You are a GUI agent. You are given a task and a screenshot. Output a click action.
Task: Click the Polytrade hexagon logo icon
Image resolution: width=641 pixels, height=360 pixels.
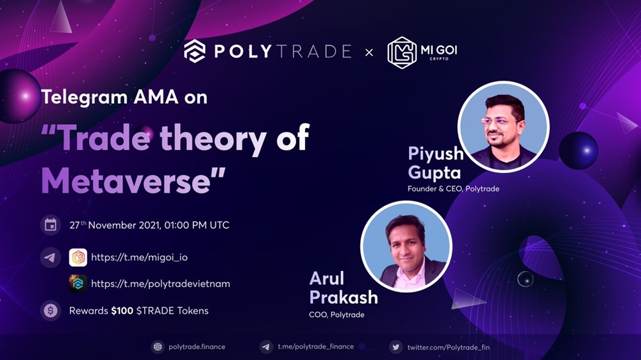tap(195, 51)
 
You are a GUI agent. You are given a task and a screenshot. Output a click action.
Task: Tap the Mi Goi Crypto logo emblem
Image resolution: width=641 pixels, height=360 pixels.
tap(402, 53)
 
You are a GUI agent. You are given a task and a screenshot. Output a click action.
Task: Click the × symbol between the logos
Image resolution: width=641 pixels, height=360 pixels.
tap(369, 53)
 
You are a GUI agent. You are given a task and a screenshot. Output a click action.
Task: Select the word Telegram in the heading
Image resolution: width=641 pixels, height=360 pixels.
tap(84, 97)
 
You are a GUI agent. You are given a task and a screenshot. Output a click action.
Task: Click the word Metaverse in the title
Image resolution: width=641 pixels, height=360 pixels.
tap(126, 181)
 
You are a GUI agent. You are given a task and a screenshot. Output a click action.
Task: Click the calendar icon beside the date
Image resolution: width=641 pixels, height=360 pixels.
tap(51, 225)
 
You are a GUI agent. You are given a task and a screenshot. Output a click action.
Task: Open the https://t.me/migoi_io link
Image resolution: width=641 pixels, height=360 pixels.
tap(139, 258)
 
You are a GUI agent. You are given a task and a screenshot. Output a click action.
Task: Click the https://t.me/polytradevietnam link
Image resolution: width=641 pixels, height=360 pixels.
tap(160, 284)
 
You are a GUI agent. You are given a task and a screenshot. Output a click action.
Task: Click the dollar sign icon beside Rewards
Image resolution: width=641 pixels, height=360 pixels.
tap(51, 311)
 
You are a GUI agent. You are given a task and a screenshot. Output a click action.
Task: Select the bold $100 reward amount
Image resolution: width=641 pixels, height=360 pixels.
tap(122, 311)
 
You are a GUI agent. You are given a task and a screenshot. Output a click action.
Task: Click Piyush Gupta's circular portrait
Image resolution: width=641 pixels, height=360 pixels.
tap(504, 127)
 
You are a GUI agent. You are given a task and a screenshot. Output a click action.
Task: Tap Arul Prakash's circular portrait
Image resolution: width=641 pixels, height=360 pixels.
tap(406, 247)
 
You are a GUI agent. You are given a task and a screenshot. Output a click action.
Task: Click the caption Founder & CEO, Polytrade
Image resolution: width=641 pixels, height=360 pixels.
tap(453, 189)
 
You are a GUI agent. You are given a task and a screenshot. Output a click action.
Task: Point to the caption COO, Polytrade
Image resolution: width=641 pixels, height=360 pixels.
tap(337, 315)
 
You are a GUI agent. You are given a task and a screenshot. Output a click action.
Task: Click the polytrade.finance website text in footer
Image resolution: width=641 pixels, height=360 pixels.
tap(197, 347)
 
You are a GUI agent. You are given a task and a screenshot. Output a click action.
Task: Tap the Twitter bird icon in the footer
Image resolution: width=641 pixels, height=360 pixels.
tap(395, 347)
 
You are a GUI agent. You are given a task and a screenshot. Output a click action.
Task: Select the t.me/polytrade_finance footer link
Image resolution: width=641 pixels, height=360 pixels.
tap(315, 347)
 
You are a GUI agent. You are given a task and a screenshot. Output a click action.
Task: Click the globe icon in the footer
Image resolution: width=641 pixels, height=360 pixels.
tap(158, 347)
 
